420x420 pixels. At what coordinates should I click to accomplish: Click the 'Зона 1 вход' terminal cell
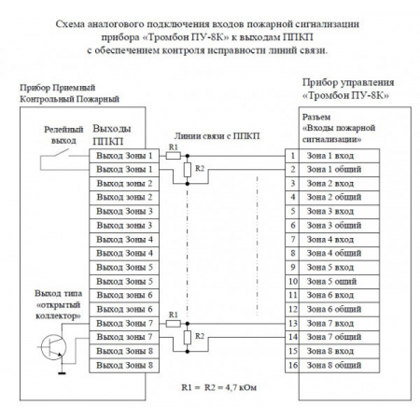331,155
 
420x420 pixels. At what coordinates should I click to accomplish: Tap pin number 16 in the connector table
293,365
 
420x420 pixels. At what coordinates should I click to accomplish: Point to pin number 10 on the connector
293,281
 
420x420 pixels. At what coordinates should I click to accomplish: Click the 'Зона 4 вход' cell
331,239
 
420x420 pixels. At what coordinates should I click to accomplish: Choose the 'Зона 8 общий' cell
333,365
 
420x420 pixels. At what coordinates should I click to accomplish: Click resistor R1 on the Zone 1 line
173,155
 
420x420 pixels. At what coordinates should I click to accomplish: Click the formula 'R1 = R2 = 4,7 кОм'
209,386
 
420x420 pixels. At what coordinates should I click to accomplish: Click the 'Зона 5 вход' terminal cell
331,267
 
